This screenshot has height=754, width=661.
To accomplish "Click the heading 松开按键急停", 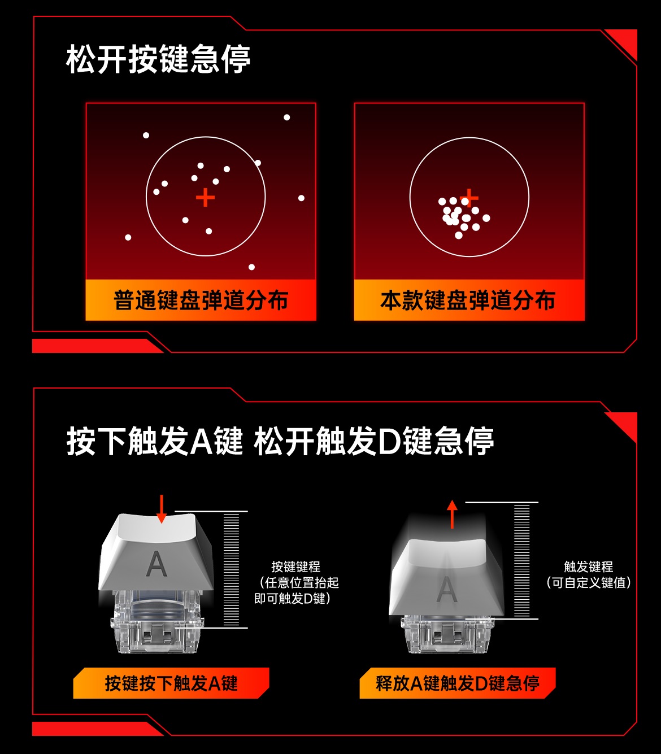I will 158,59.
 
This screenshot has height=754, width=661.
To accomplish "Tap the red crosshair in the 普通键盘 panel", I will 205,198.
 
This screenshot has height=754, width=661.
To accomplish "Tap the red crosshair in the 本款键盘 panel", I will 469,198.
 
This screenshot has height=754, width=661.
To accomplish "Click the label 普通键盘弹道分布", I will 201,300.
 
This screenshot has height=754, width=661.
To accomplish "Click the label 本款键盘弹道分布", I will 468,300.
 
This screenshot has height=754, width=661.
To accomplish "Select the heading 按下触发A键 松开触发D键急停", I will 280,441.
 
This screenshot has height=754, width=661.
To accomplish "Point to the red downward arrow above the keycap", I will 162,508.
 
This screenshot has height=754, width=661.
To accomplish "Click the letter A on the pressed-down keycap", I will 156,563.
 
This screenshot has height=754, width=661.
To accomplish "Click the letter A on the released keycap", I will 446,589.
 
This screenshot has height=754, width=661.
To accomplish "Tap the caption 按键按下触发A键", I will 171,683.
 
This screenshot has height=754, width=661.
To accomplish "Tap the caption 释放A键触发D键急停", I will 458,683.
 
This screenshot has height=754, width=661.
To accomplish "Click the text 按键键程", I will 295,566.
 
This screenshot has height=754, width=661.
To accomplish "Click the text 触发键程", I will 588,566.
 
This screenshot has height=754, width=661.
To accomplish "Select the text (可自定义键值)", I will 588,582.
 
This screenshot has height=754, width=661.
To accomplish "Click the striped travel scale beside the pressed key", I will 231,569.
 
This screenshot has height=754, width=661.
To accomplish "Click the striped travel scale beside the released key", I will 521,560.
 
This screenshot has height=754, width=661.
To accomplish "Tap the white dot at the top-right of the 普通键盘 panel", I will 287,117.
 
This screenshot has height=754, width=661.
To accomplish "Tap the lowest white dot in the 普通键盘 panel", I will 251,267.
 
